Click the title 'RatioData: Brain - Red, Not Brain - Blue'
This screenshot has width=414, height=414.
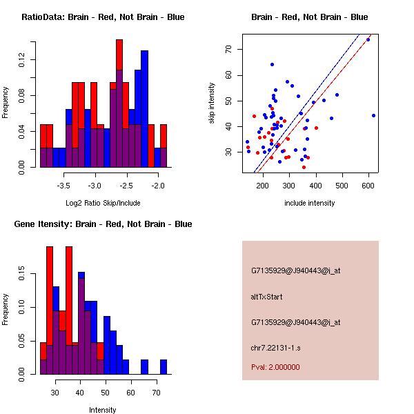pos(103,17)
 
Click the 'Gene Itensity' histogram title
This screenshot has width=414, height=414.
pos(103,224)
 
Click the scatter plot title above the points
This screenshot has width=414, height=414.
pos(309,17)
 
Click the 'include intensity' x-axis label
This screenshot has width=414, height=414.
pos(309,203)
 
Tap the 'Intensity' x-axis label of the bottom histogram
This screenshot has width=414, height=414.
pos(103,410)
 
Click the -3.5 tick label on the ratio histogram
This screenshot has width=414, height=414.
pos(64,186)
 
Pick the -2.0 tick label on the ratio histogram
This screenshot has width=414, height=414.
pos(158,186)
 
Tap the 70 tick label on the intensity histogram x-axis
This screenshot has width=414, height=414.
pos(156,393)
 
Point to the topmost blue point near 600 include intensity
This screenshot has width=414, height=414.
pos(368,40)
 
